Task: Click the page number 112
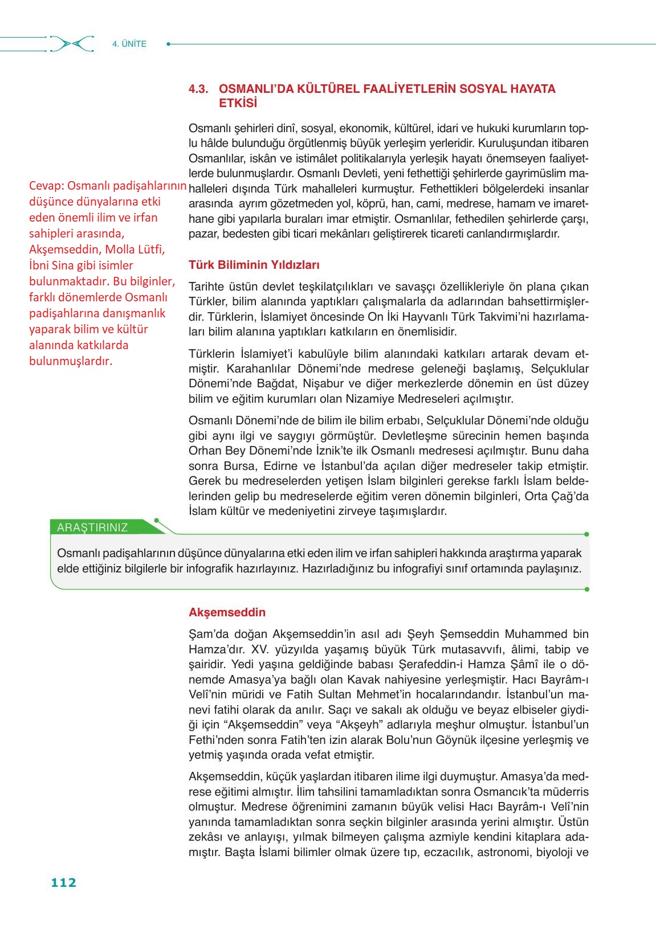pos(63,882)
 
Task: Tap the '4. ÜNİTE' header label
pos(129,44)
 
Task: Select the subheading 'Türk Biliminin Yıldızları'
pos(254,265)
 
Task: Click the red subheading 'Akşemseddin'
pos(227,612)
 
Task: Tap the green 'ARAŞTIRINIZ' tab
pos(92,527)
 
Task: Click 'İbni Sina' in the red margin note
pos(52,265)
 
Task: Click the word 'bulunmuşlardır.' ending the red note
pos(70,361)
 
